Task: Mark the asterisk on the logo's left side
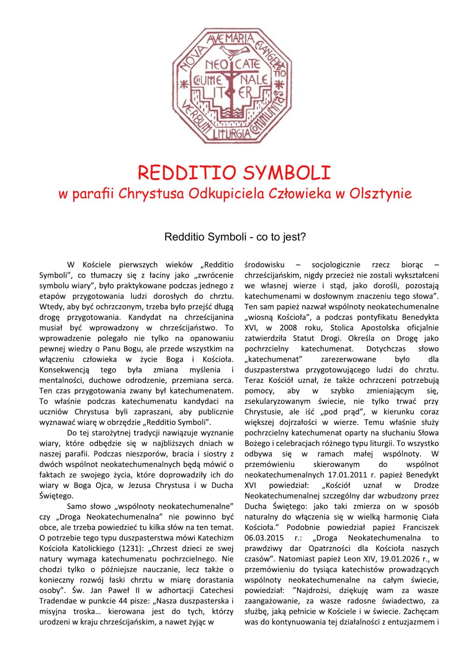(184, 84)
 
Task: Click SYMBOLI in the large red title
(286, 173)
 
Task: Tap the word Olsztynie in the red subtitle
(380, 194)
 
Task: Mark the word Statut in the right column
(304, 338)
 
